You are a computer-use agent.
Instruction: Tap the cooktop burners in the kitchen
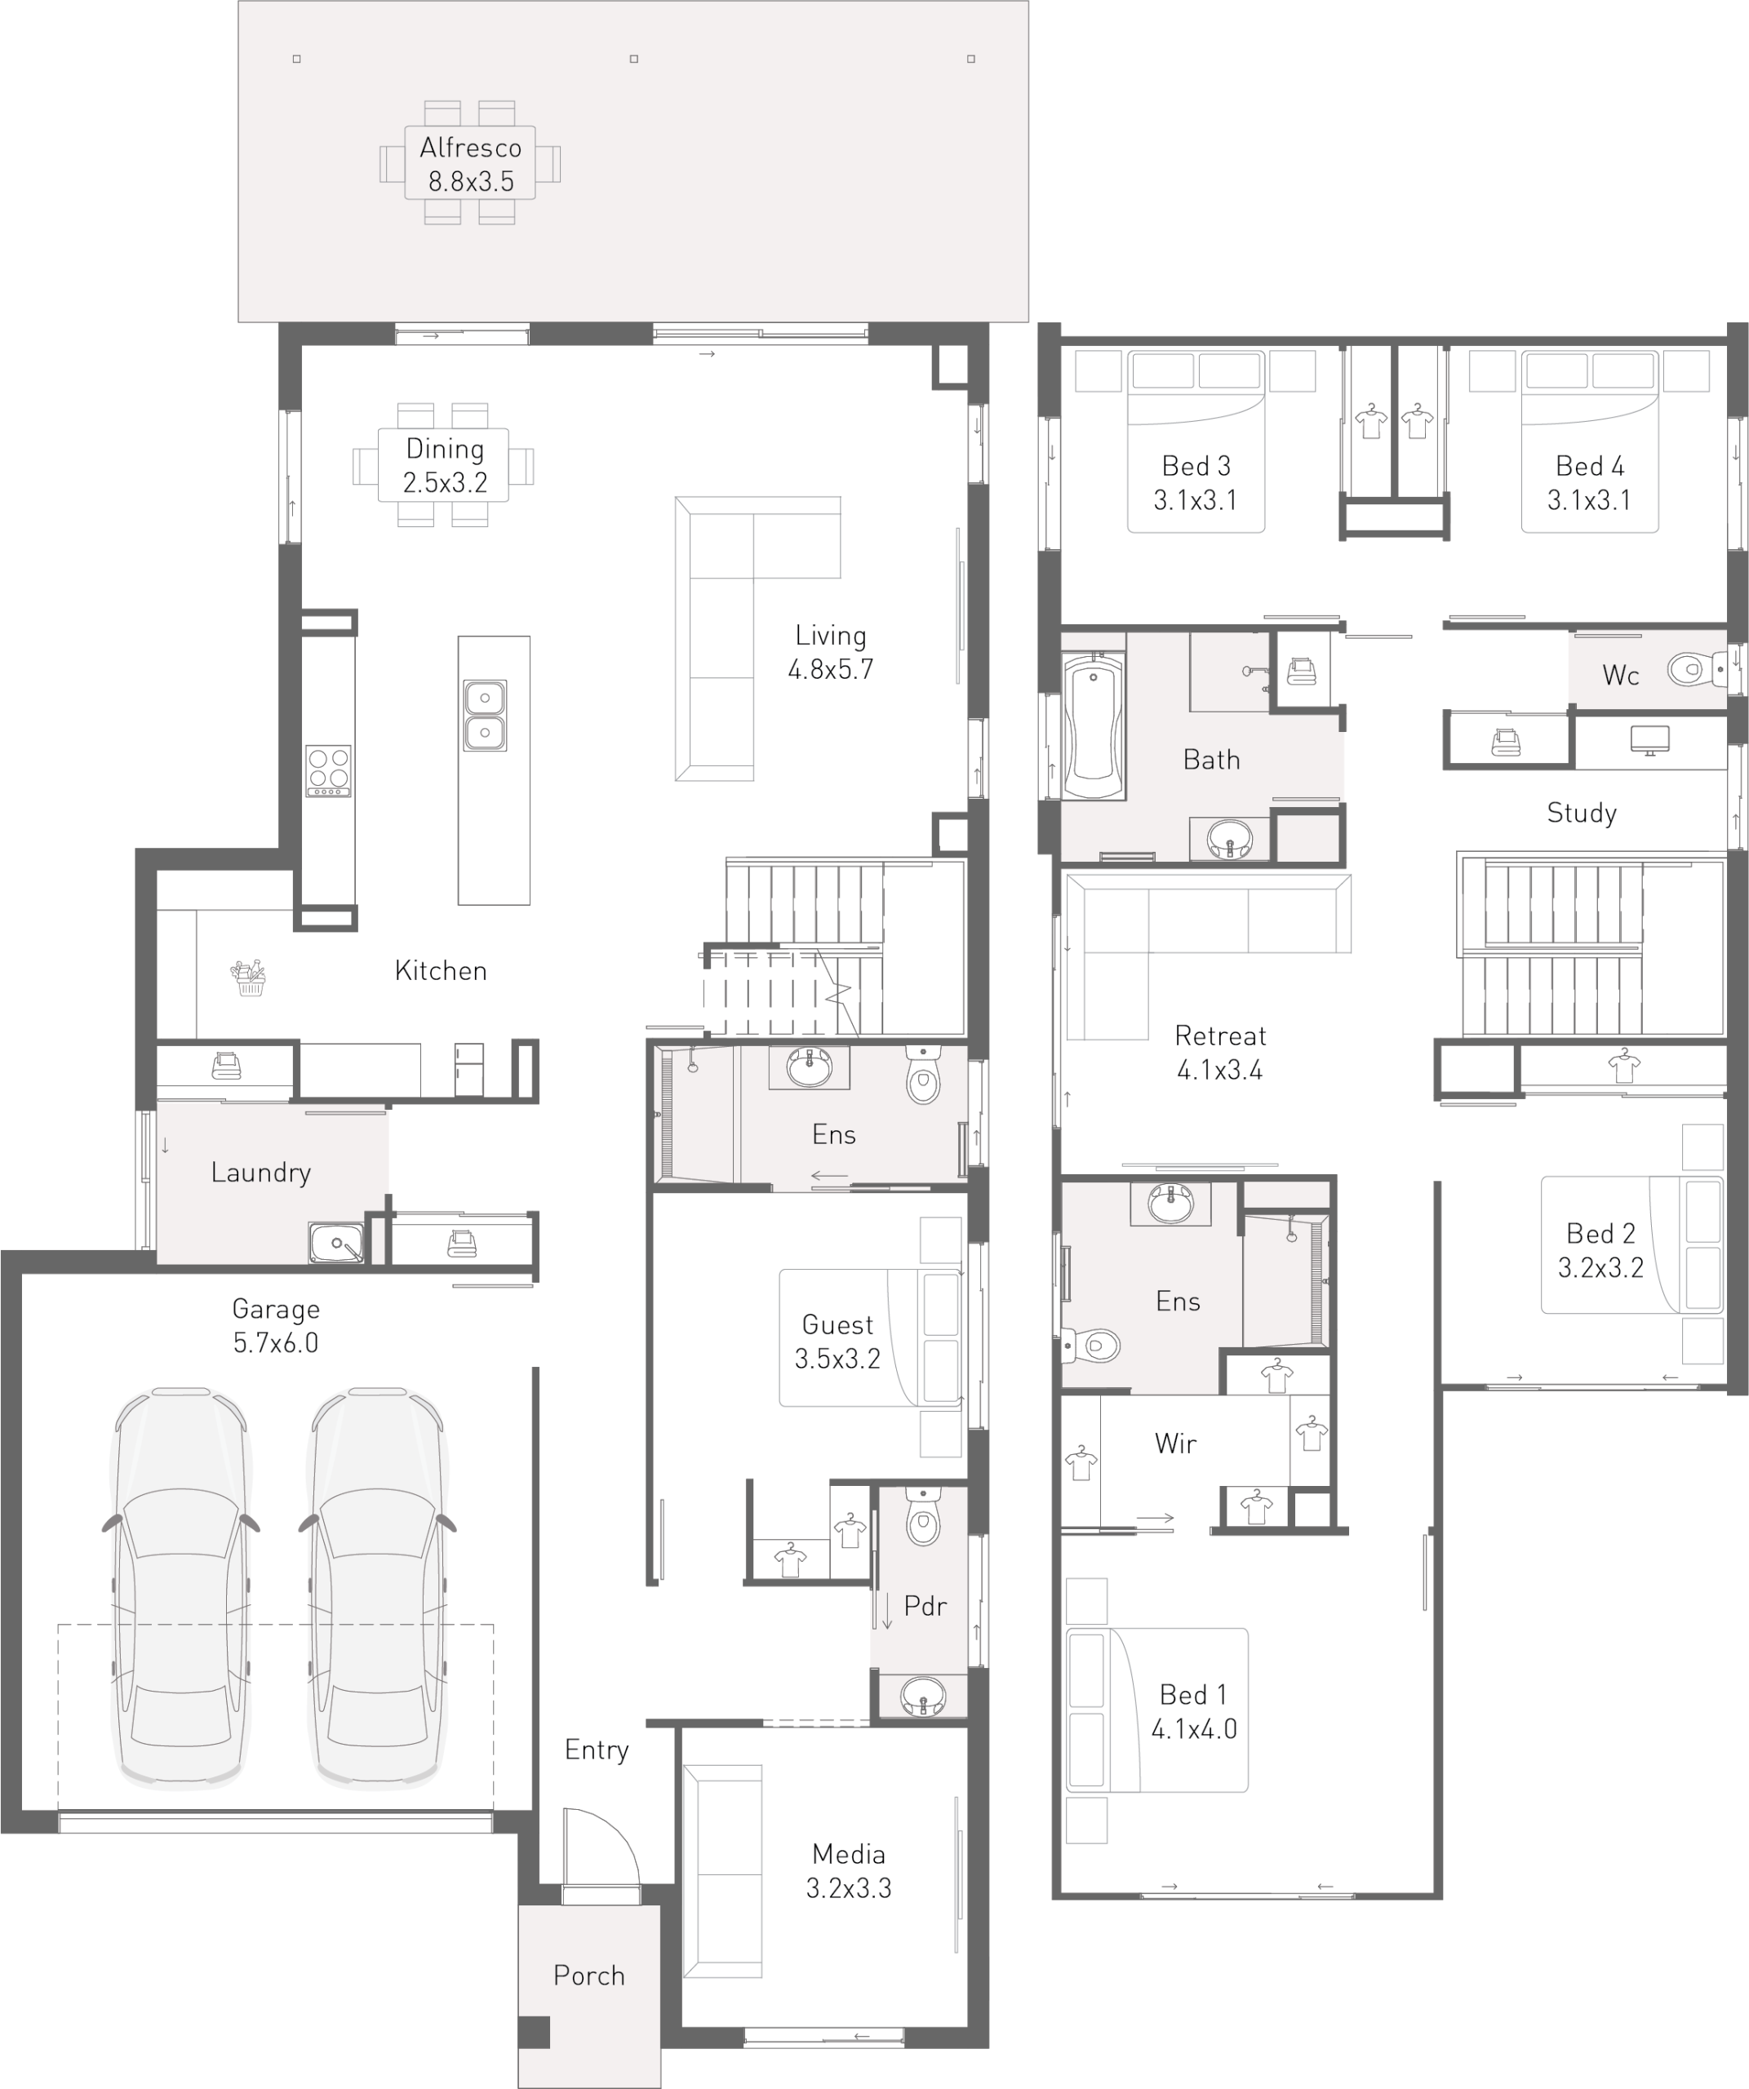[x=328, y=771]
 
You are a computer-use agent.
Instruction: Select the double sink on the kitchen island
[x=485, y=715]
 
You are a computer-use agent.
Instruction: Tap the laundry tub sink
[x=336, y=1243]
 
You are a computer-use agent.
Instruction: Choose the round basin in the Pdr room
[x=923, y=1695]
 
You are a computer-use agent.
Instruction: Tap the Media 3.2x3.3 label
[x=849, y=1870]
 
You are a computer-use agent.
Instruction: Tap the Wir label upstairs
[x=1175, y=1444]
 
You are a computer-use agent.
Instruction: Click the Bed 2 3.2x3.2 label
[x=1600, y=1250]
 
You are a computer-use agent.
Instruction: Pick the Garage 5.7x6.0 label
[x=276, y=1326]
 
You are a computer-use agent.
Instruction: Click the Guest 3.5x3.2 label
[x=837, y=1342]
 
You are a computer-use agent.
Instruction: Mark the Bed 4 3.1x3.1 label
[x=1589, y=482]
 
